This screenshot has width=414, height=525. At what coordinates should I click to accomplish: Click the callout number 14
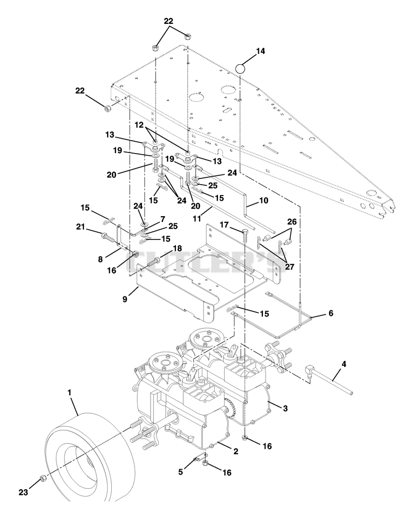click(x=260, y=51)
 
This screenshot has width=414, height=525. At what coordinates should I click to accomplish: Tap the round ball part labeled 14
click(x=240, y=69)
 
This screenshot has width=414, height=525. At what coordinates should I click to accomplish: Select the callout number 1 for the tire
click(x=70, y=393)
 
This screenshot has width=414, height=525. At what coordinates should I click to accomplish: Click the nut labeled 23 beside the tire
click(x=42, y=478)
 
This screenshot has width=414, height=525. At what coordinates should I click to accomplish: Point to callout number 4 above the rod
click(x=344, y=364)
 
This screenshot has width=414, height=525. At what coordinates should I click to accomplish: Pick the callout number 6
click(x=331, y=313)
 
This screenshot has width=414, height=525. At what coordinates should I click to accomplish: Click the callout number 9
click(x=125, y=299)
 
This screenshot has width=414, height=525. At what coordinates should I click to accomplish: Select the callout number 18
click(x=177, y=248)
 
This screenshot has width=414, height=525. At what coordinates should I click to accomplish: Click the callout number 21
click(x=80, y=227)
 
